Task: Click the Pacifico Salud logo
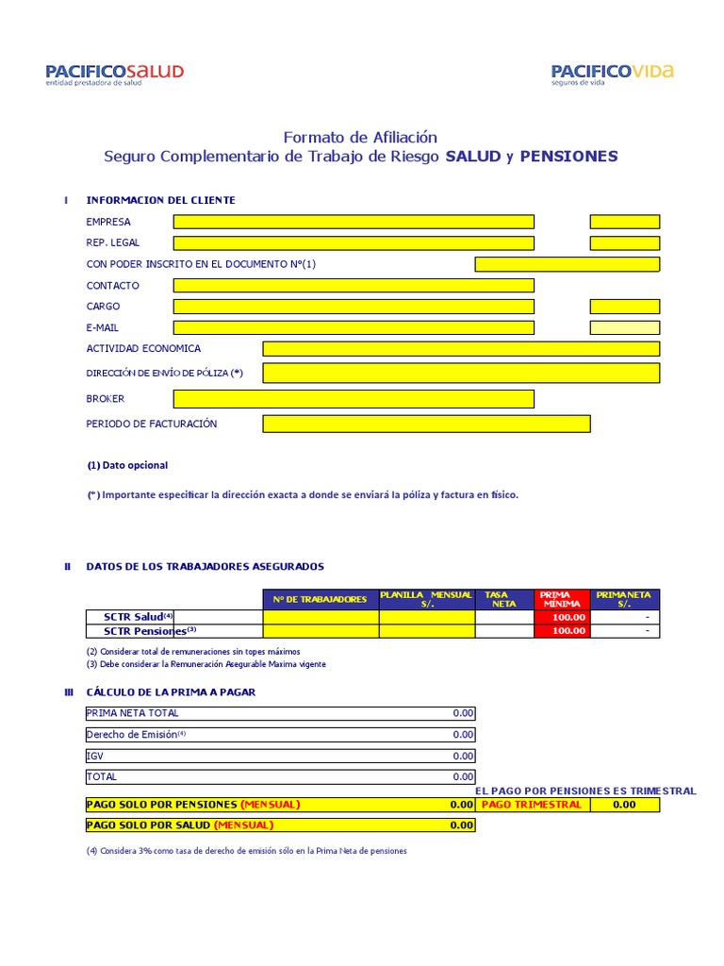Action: pos(114,75)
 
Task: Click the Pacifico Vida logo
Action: pos(612,74)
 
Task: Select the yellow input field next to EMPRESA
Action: pos(354,222)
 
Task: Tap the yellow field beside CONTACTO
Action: pos(354,286)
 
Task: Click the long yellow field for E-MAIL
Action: pos(354,328)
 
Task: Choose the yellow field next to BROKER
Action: pos(354,399)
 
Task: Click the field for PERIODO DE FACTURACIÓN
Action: pos(426,424)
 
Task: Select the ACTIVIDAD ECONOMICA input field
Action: pos(461,349)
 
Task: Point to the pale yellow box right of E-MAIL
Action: pos(624,328)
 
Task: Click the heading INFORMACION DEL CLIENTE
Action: pos(160,200)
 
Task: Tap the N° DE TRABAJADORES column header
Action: pos(321,599)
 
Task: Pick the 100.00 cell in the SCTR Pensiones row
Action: pos(562,631)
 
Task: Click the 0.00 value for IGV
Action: pos(462,756)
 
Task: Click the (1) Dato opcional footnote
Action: pos(127,465)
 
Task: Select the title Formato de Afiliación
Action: pos(360,138)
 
